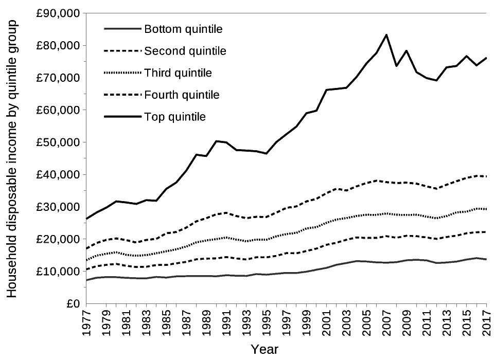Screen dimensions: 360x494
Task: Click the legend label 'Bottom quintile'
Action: pyautogui.click(x=183, y=29)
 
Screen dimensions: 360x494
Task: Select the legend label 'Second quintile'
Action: pyautogui.click(x=185, y=51)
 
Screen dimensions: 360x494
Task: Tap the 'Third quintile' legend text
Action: pyautogui.click(x=178, y=73)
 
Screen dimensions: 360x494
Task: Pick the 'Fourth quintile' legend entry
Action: pyautogui.click(x=182, y=95)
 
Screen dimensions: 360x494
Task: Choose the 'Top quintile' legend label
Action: pyautogui.click(x=175, y=117)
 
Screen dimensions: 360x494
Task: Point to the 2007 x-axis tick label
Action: pyautogui.click(x=386, y=323)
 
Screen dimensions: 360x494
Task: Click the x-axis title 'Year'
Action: pyautogui.click(x=264, y=350)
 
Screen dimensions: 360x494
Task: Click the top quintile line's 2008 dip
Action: pyautogui.click(x=396, y=66)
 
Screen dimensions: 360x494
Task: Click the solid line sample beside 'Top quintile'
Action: pyautogui.click(x=122, y=117)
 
